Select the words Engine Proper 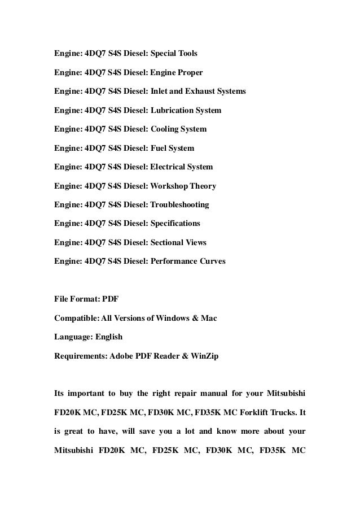[x=176, y=73]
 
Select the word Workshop [x=169, y=186]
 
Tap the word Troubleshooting [x=179, y=204]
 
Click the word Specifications [x=175, y=223]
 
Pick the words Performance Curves [x=188, y=261]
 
